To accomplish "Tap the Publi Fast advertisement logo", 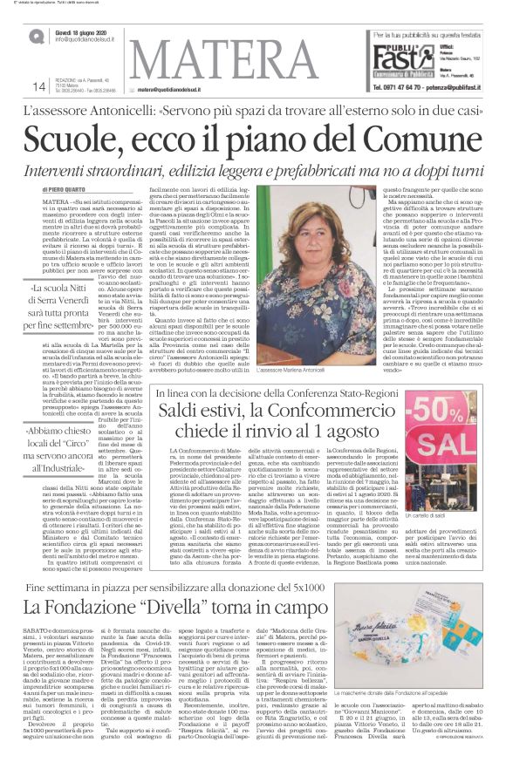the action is (404, 55).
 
